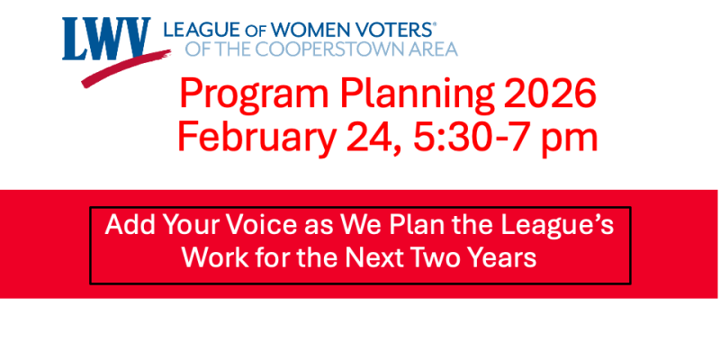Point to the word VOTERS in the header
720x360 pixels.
pos(393,29)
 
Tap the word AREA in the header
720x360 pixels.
pos(432,49)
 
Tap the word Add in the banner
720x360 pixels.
pos(126,224)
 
